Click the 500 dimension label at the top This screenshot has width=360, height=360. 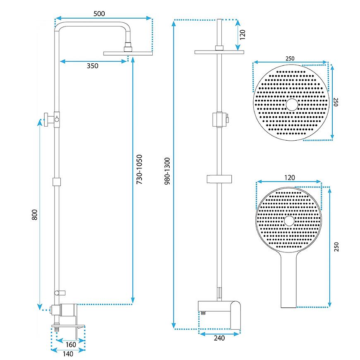click(x=99, y=13)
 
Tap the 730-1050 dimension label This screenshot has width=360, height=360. click(x=139, y=170)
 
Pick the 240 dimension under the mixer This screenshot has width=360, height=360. click(x=219, y=338)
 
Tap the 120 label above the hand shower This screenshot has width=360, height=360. click(x=289, y=178)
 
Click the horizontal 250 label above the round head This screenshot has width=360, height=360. click(x=290, y=58)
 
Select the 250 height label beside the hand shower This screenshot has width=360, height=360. click(x=337, y=247)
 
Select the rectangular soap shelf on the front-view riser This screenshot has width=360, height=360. click(x=219, y=179)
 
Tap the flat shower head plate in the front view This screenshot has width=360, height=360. click(x=219, y=52)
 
